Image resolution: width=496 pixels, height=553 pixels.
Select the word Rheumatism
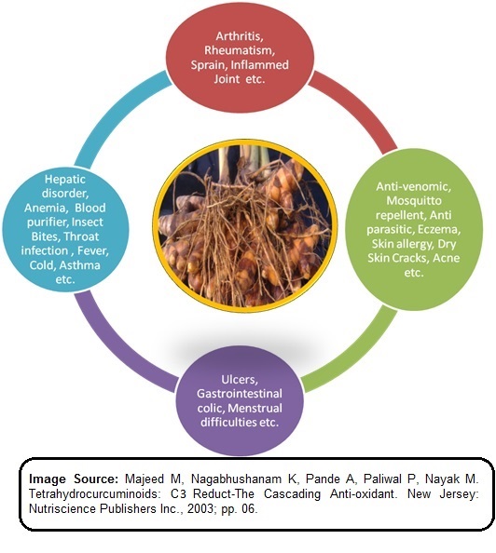pos(240,50)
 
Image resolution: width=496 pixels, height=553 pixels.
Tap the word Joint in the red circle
pos(227,78)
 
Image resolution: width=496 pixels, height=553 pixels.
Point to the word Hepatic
pos(65,180)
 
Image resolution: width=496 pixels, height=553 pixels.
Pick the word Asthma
pos(80,264)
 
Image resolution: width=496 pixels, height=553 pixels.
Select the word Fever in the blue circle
pos(93,250)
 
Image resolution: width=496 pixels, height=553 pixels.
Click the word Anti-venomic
pos(413,186)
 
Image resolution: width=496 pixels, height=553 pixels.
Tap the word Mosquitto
pos(414,201)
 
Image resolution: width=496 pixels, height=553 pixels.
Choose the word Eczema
pos(439,229)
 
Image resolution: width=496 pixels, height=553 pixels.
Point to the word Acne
pos(447,258)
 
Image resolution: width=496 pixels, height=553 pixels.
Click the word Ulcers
pos(240,380)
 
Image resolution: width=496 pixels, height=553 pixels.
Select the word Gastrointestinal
pos(240,394)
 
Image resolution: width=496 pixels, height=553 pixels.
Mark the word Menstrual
pos(255,408)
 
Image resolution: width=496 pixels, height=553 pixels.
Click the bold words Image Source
pos(74,479)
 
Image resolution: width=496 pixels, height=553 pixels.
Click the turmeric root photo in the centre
pos(245,226)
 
